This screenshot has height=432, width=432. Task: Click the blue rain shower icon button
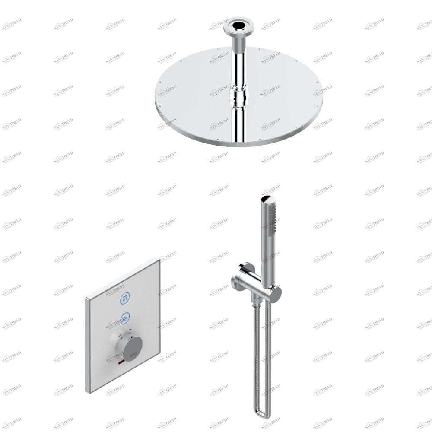click(125, 298)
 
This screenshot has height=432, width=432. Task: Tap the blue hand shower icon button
click(125, 318)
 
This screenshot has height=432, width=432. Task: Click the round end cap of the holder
click(276, 295)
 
